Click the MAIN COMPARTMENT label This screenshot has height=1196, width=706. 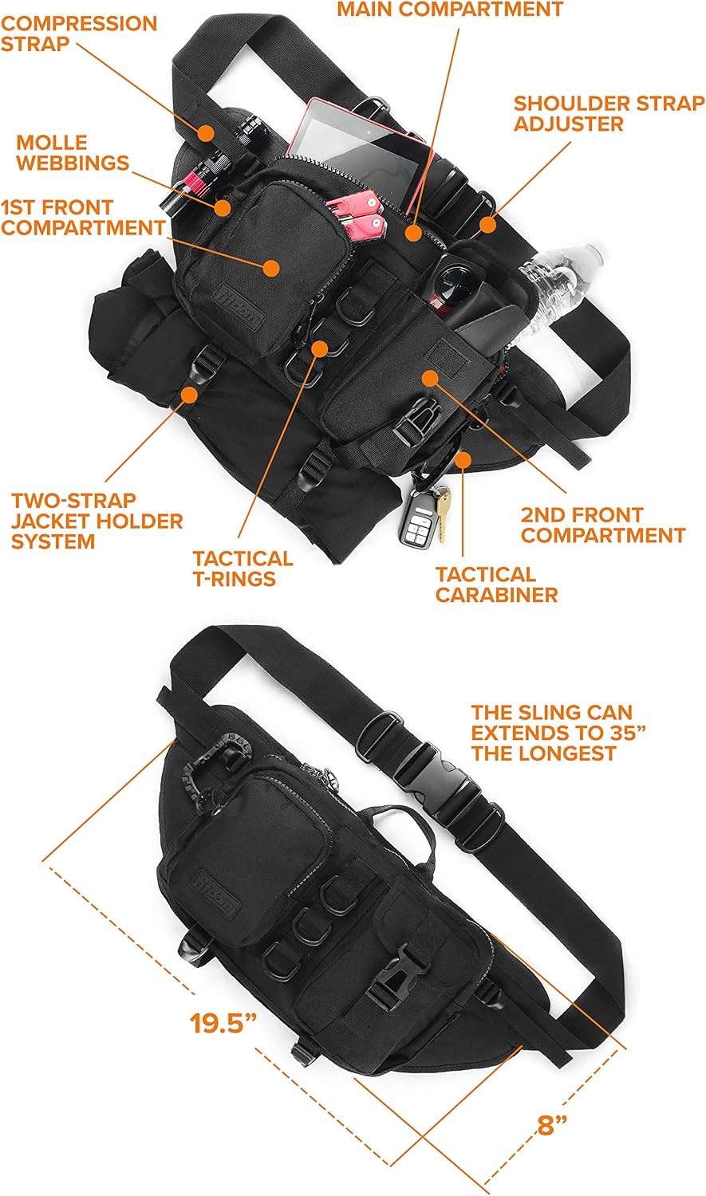[450, 9]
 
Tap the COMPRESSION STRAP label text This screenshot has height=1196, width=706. [78, 33]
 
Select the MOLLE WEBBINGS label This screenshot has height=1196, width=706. [73, 152]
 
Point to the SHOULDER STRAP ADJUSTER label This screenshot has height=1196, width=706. [609, 113]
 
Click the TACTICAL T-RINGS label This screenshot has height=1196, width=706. [243, 568]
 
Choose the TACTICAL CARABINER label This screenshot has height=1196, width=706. [496, 584]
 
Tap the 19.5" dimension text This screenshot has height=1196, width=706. [223, 1023]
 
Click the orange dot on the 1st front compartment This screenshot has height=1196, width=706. [271, 268]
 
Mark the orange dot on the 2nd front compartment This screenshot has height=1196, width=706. [430, 378]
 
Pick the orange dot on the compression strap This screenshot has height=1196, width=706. [205, 132]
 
